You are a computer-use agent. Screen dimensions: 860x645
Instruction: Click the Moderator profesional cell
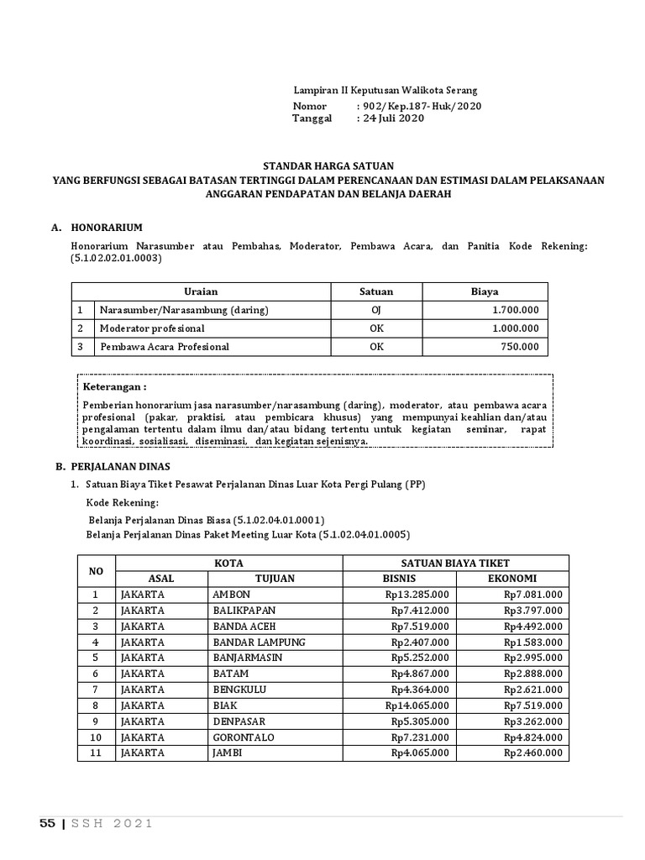(152, 328)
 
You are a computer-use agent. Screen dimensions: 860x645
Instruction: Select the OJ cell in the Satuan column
(376, 310)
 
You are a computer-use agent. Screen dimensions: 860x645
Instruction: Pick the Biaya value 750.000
(520, 347)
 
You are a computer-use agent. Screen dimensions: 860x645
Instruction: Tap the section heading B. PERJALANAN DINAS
(113, 465)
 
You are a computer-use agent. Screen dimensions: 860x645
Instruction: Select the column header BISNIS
(399, 579)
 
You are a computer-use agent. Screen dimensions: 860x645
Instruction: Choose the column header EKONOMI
(512, 579)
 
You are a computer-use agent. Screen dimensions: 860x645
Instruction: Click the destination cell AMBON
(233, 595)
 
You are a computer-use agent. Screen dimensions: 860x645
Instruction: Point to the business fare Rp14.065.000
(417, 705)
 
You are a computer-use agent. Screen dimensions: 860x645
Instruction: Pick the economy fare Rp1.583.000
(533, 642)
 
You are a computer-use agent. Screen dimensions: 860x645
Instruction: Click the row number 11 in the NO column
(96, 753)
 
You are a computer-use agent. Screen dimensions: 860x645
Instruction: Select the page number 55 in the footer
(47, 824)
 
